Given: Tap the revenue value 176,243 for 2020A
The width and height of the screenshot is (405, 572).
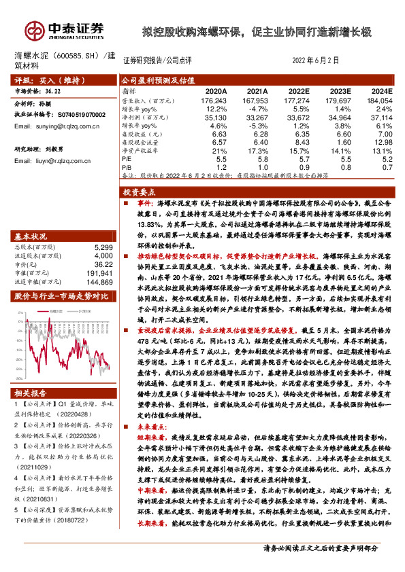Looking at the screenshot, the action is (214, 101).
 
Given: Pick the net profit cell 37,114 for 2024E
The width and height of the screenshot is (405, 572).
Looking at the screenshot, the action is (380, 118).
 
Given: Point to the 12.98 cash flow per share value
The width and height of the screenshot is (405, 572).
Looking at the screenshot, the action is (381, 142).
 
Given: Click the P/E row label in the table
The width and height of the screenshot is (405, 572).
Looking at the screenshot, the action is (127, 158).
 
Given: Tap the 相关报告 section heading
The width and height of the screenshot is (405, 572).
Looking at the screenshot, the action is (31, 393).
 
